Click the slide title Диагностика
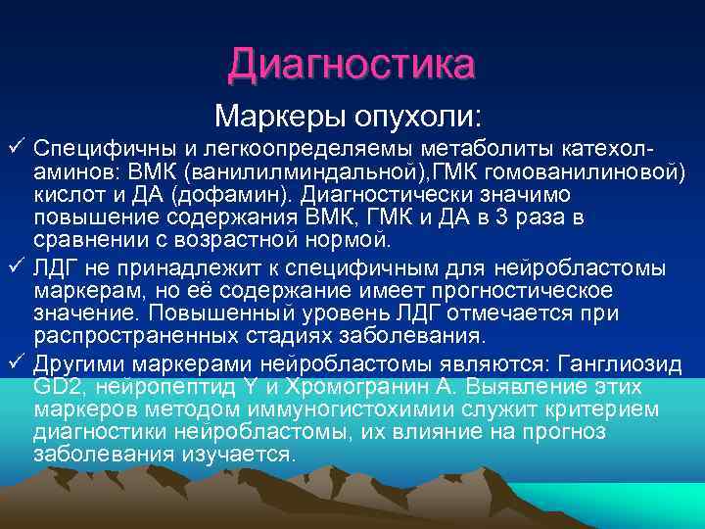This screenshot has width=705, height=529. tap(352, 65)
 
